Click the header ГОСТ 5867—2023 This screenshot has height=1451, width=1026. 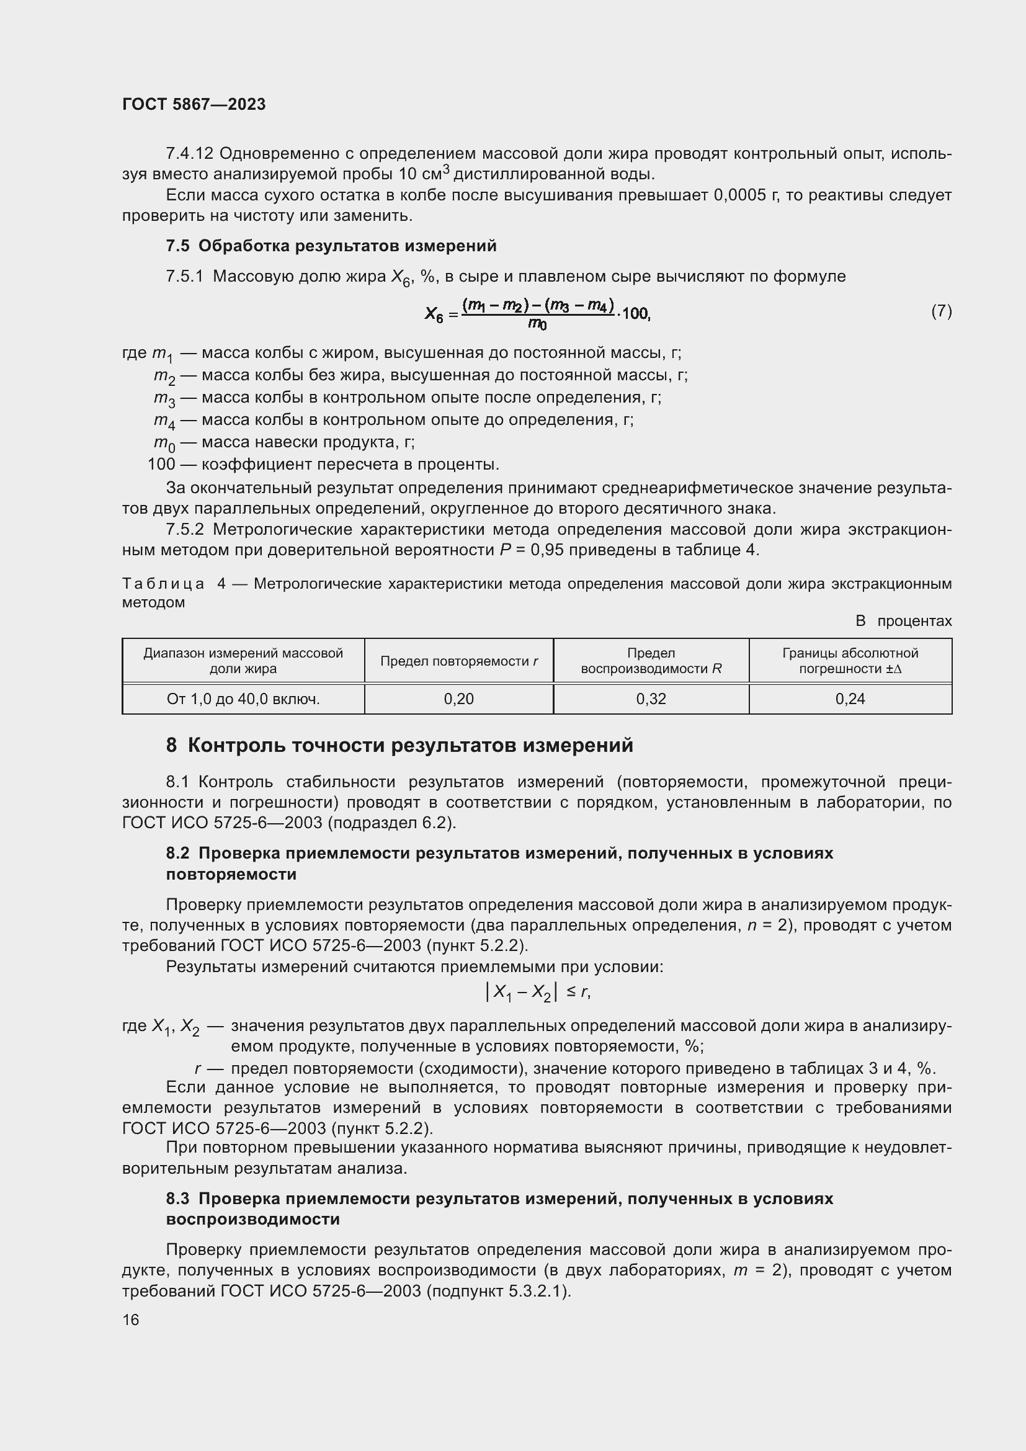[194, 104]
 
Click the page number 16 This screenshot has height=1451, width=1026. [131, 1319]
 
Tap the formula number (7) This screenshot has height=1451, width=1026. [941, 311]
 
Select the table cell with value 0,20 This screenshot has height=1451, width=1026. [458, 699]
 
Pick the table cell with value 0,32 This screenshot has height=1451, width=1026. [651, 699]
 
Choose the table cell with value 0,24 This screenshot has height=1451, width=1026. [850, 699]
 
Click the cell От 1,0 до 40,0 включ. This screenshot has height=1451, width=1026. [243, 699]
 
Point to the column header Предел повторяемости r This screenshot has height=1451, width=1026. [458, 661]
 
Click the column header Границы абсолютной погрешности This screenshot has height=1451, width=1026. [850, 661]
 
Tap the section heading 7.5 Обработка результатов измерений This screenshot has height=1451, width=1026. [331, 246]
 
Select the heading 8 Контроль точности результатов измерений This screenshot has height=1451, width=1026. [399, 746]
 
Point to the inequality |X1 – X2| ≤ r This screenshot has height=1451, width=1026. [538, 993]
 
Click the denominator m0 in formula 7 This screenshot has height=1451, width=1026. [538, 325]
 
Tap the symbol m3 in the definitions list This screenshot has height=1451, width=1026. [164, 399]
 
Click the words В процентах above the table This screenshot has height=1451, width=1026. [903, 621]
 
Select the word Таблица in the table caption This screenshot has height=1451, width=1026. [163, 584]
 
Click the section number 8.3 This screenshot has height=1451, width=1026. [177, 1199]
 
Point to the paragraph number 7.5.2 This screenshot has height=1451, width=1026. [184, 530]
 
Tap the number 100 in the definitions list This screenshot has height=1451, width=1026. [161, 465]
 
